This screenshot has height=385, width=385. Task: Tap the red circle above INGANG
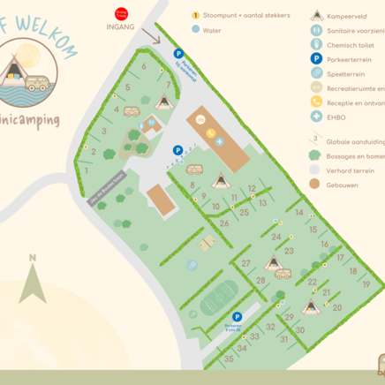pyautogui.click(x=121, y=13)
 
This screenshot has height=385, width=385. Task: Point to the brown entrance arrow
pyautogui.click(x=153, y=37)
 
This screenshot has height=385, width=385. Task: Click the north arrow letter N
pyautogui.click(x=33, y=259)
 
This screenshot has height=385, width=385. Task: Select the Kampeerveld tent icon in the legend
pyautogui.click(x=316, y=15)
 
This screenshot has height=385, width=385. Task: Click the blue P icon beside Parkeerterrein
pyautogui.click(x=316, y=58)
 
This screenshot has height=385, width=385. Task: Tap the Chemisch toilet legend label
pyautogui.click(x=354, y=44)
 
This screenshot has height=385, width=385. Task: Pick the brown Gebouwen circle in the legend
pyautogui.click(x=316, y=184)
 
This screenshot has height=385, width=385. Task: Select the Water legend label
pyautogui.click(x=212, y=29)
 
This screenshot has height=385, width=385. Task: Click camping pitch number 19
pyautogui.click(x=366, y=284)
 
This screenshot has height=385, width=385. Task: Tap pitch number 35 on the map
pyautogui.click(x=229, y=359)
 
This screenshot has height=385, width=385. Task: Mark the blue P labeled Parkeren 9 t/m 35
pyautogui.click(x=237, y=316)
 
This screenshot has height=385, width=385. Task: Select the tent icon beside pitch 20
pyautogui.click(x=311, y=306)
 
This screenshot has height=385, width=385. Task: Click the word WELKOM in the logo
pyautogui.click(x=44, y=19)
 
